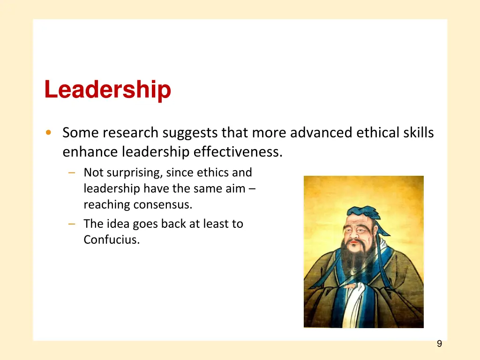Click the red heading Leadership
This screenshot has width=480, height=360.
[107, 90]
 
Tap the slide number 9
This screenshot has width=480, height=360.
[439, 344]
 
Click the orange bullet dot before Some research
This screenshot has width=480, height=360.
[49, 133]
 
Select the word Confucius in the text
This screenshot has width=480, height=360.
[112, 240]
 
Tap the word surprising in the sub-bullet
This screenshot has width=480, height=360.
[135, 172]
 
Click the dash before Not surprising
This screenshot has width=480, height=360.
[71, 172]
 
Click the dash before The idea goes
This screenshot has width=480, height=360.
[71, 224]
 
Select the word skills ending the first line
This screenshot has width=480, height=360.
[418, 133]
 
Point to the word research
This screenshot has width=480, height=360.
[131, 133]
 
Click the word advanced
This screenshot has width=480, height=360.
[321, 133]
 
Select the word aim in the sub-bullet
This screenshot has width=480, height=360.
[237, 189]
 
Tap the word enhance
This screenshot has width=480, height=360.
[90, 152]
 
